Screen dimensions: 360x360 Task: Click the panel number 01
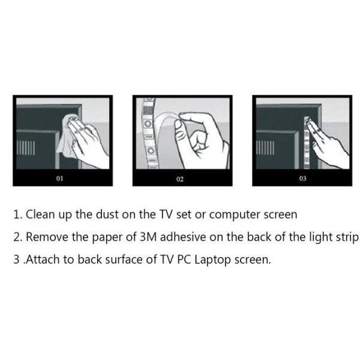pos(59,178)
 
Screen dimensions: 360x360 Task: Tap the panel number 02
pos(180,179)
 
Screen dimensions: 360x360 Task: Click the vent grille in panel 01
pos(25,148)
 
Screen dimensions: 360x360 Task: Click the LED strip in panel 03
pos(308,139)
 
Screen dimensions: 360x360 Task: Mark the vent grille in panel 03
pos(266,147)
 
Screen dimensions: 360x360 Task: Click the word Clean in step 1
pos(40,214)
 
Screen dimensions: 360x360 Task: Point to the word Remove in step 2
pos(47,236)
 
